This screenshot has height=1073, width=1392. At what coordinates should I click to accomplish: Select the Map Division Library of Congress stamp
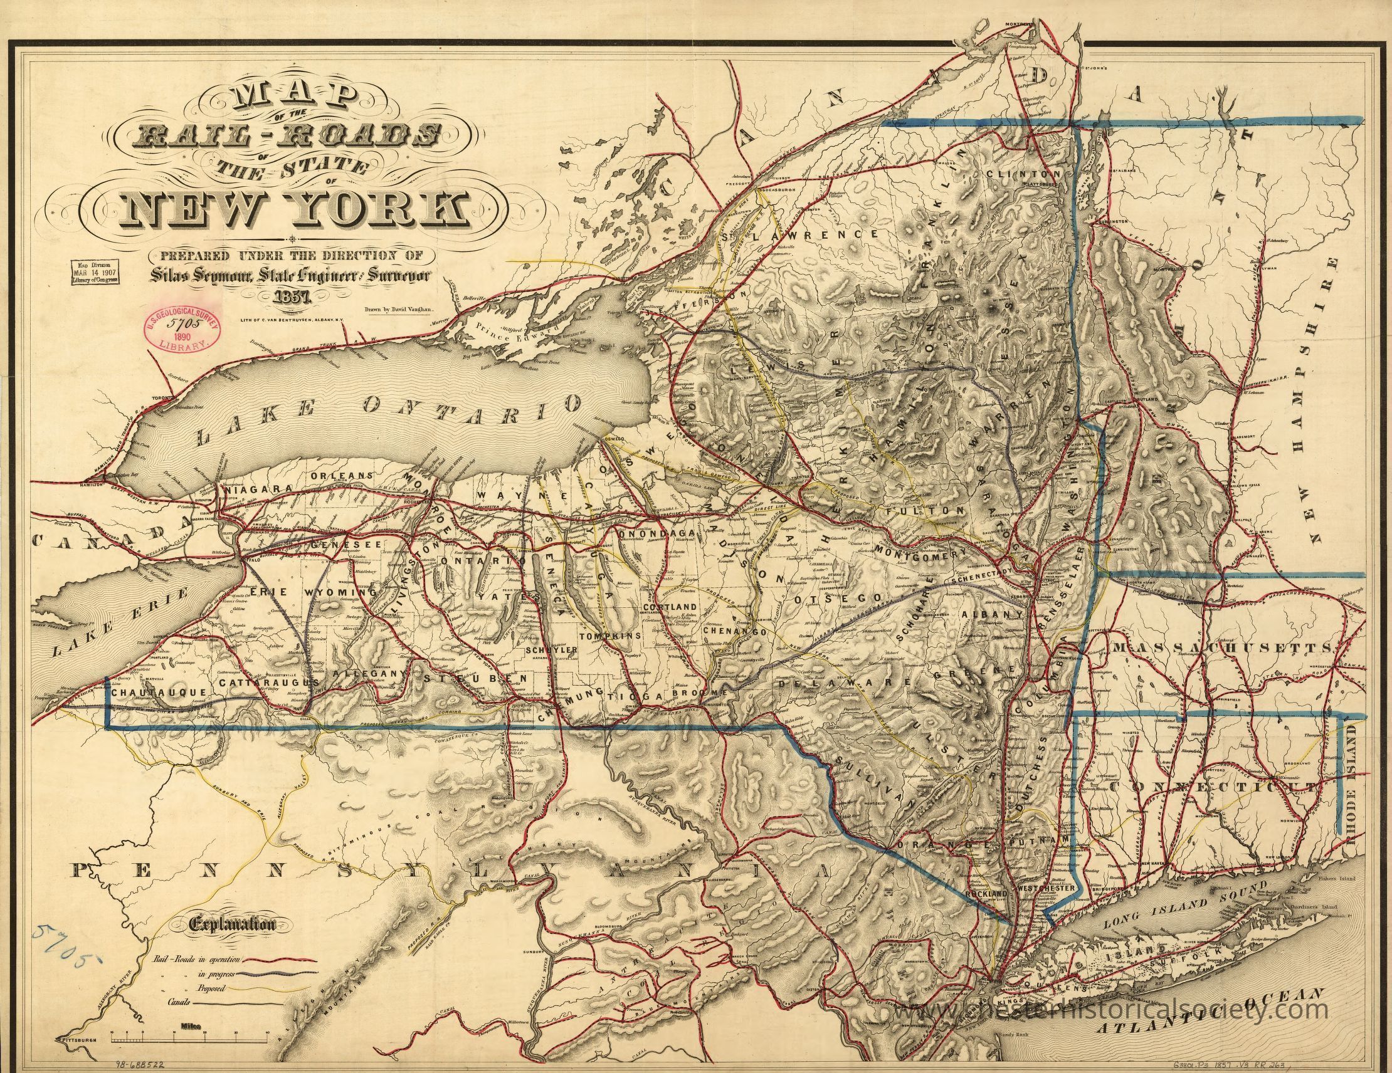click(98, 273)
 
